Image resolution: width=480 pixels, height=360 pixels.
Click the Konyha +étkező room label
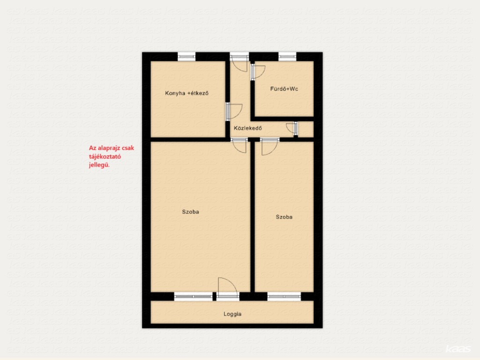[187, 93]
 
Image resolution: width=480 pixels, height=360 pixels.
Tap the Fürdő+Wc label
[284, 89]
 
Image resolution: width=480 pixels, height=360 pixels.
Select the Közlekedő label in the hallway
[247, 128]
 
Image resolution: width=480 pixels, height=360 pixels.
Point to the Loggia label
[232, 314]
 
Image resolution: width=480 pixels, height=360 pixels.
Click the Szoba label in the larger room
[190, 211]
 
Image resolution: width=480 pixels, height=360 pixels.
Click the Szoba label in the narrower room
[284, 217]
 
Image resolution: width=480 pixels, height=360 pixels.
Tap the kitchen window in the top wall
[187, 57]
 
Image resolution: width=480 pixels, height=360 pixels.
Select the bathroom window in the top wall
[287, 57]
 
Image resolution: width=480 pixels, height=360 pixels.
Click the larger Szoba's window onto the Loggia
[194, 296]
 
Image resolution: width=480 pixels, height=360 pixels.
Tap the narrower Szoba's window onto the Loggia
[284, 296]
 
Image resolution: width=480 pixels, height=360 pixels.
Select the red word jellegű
[99, 165]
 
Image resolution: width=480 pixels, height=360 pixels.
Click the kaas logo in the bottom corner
[458, 349]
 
